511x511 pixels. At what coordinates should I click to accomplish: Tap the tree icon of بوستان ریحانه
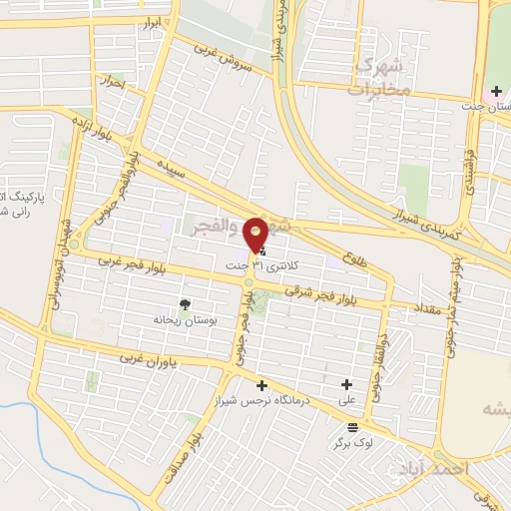185,303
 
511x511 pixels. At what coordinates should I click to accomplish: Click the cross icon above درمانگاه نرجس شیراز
261,384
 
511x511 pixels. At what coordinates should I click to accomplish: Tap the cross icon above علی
347,384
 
